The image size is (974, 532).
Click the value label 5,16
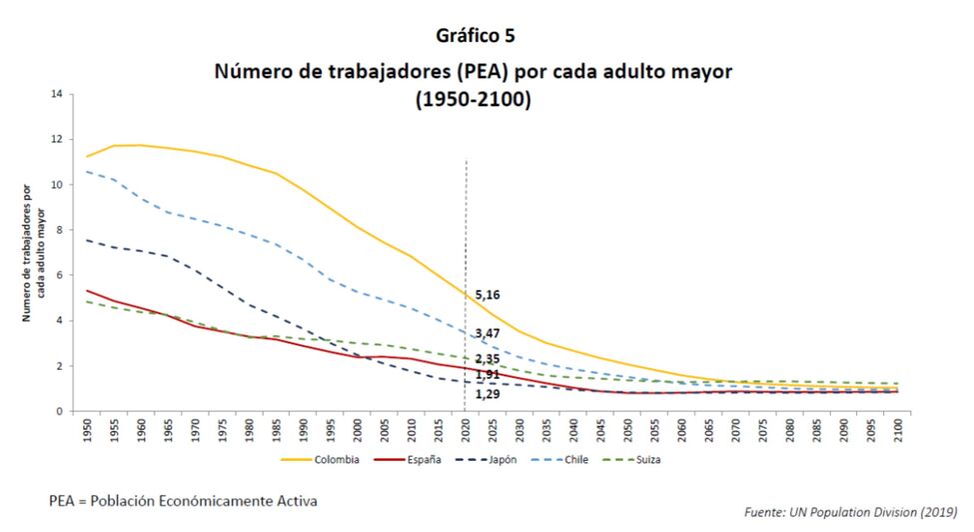(x=487, y=295)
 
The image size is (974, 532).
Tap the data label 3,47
(x=487, y=332)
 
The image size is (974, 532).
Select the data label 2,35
(x=487, y=358)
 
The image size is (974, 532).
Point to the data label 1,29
(x=487, y=394)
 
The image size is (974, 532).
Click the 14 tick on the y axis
(x=57, y=94)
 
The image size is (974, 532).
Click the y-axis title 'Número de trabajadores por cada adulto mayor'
(x=36, y=253)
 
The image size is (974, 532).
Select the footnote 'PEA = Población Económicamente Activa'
(x=184, y=498)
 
